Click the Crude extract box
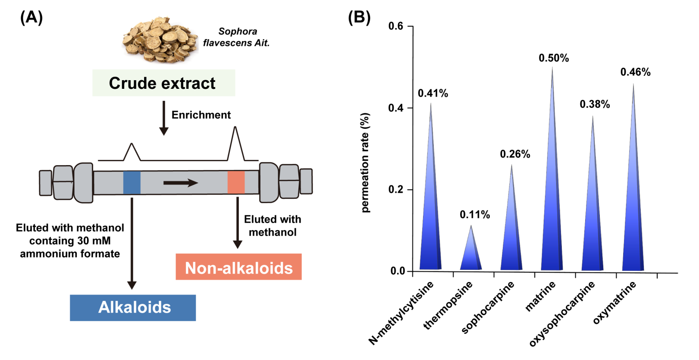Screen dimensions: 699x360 (x=163, y=83)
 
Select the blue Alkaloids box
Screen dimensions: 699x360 (x=133, y=307)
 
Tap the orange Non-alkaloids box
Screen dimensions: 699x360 (x=239, y=267)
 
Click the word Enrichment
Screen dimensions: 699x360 (x=201, y=115)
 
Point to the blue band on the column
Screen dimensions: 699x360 (x=132, y=182)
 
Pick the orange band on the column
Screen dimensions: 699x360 (x=236, y=182)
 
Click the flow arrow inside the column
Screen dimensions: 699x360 (x=181, y=182)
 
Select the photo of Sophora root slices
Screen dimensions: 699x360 (x=160, y=40)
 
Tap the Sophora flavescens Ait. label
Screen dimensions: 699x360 (x=236, y=37)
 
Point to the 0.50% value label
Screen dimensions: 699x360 (x=554, y=58)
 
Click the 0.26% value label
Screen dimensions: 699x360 (x=515, y=154)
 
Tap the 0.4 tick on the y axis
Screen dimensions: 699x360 (x=409, y=108)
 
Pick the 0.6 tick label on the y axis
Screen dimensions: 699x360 (x=396, y=26)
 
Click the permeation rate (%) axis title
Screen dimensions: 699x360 (x=365, y=163)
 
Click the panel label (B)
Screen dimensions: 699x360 (x=359, y=17)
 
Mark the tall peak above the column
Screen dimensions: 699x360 (x=235, y=144)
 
